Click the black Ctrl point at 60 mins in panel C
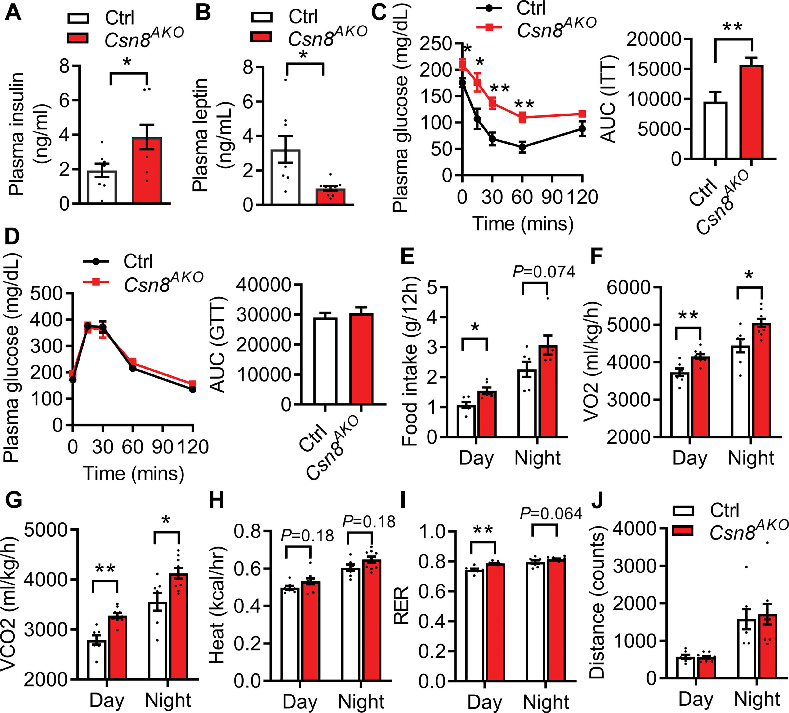pos(522,147)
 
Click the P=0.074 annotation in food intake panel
pos(544,272)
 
